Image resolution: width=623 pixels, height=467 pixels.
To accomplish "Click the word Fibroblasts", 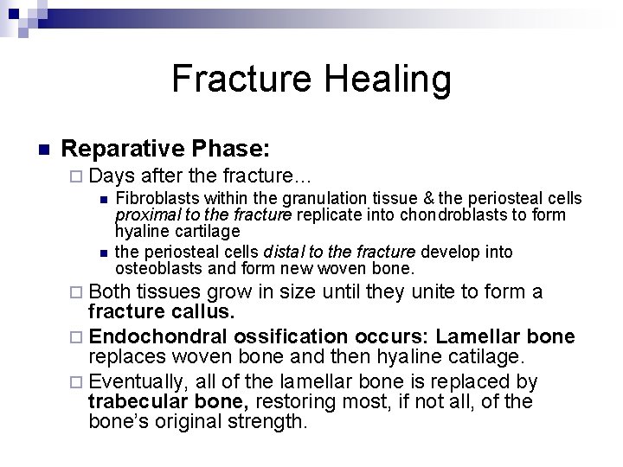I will point(153,199).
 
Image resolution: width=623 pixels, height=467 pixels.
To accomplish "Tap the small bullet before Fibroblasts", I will point(103,199).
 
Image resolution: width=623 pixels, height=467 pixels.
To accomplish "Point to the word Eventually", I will point(138,381).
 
